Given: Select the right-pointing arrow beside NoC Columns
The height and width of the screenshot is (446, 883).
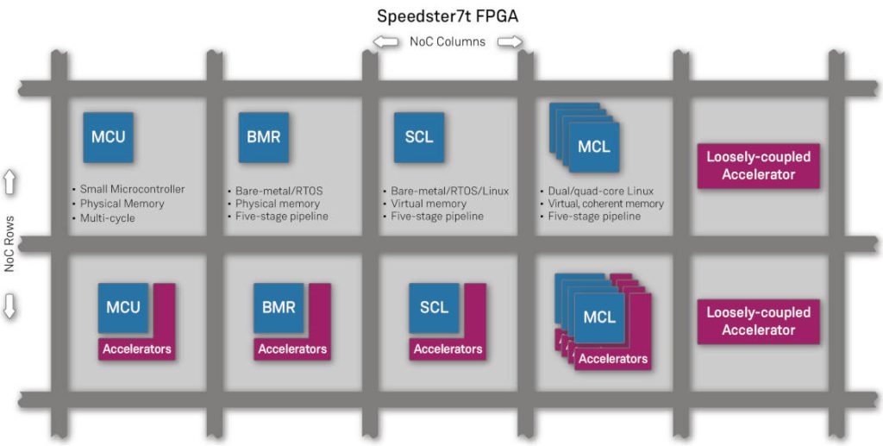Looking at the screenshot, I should (510, 41).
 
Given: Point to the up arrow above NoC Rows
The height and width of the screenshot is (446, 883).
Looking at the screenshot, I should (11, 182).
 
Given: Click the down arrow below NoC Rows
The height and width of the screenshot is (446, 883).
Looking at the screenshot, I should (11, 306).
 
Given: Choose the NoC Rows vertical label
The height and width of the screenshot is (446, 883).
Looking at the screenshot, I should (10, 244).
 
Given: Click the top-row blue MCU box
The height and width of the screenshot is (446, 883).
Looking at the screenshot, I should (109, 137).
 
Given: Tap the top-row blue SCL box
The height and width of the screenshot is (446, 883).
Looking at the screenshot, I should (419, 137).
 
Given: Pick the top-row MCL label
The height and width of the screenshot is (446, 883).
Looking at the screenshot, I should (594, 146).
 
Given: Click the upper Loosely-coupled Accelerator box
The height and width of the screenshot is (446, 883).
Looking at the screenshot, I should (758, 166).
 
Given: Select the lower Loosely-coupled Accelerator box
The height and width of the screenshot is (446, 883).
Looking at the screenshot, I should (758, 321).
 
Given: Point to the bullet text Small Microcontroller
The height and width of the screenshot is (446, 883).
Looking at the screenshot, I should (131, 189).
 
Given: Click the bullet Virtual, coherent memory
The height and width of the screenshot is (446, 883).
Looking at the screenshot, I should (605, 204).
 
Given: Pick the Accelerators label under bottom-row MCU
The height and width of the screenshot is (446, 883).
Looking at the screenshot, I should (137, 349).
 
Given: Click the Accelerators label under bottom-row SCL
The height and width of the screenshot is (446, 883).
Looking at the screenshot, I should (448, 349).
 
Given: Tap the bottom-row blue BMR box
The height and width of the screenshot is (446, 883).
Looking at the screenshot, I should (279, 308).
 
